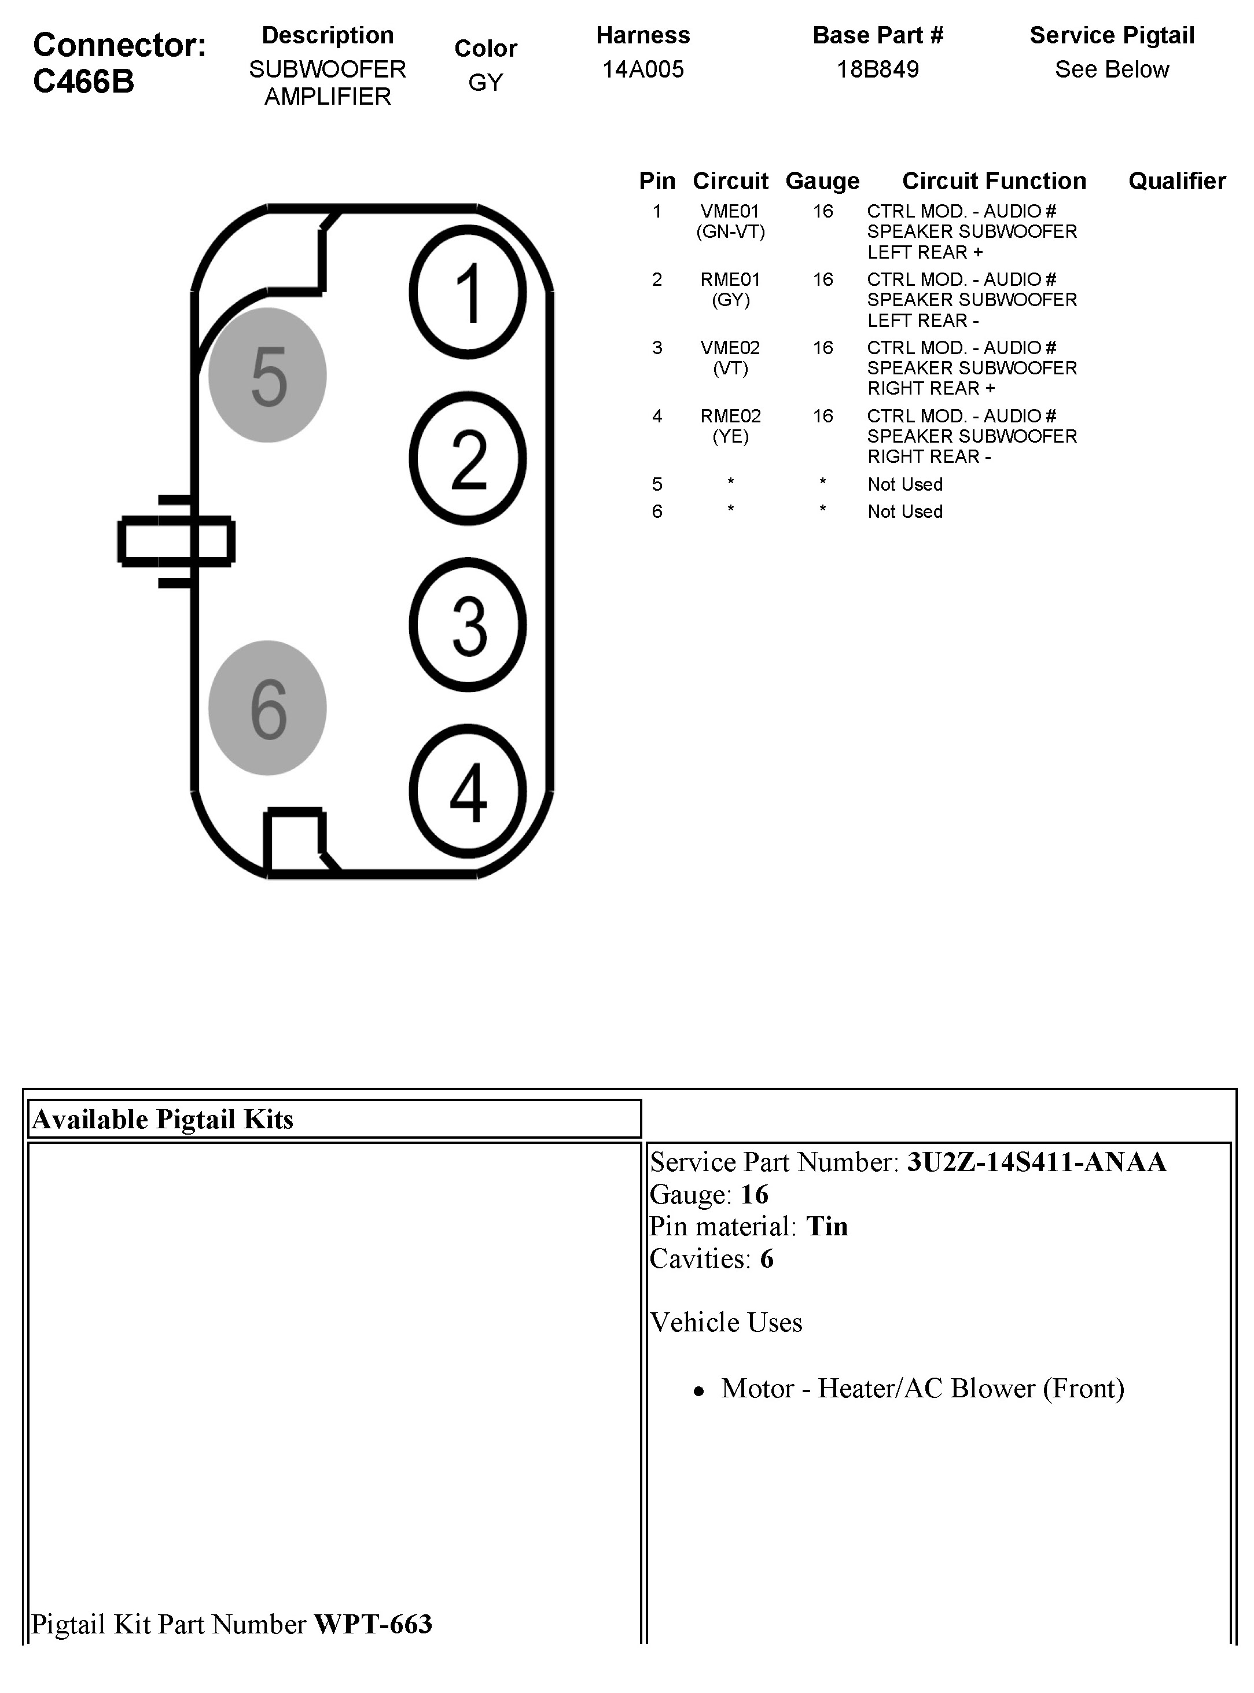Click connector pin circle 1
[468, 292]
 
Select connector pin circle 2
[468, 458]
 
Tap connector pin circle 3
[468, 624]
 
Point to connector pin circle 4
[468, 791]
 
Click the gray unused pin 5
[267, 375]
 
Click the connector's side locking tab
[175, 541]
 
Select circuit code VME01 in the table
[730, 212]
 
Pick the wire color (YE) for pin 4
[730, 436]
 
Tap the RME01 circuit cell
[730, 280]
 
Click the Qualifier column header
[1176, 181]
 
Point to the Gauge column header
[822, 181]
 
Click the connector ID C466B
[83, 81]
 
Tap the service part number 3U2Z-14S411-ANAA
[1036, 1162]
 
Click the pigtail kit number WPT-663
[373, 1624]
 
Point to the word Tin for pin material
[826, 1226]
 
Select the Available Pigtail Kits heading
[163, 1119]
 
